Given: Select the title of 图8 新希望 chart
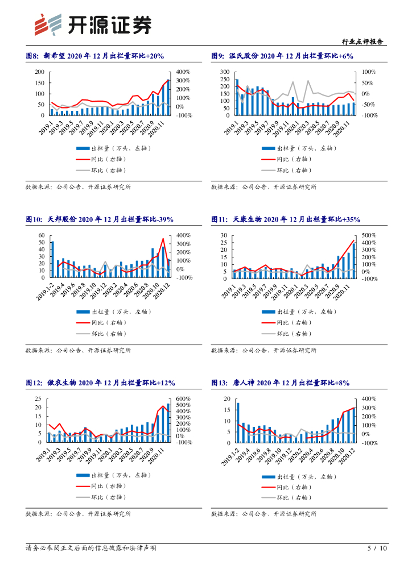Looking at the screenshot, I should [x=95, y=56].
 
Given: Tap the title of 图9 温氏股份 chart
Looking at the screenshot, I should [x=282, y=56].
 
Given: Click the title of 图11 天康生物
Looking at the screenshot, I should [x=286, y=219].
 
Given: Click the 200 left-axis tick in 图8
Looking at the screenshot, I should [x=39, y=72].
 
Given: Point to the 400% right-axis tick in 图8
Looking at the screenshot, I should [x=183, y=72].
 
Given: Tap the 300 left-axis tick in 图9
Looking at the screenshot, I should [x=225, y=72].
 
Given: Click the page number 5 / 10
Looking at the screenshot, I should [x=377, y=548].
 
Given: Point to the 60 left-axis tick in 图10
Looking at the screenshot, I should [x=41, y=235].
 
